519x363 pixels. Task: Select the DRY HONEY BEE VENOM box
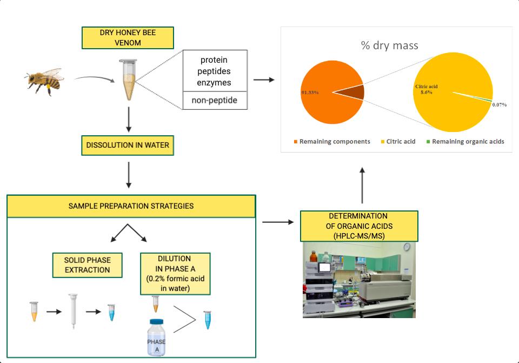[x=128, y=37]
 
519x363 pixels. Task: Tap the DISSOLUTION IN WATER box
[x=128, y=146]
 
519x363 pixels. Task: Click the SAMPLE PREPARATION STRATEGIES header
[x=131, y=206]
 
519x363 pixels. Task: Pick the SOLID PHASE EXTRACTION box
[x=87, y=265]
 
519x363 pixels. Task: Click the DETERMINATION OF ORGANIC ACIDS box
[x=358, y=226]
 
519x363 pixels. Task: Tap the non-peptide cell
[x=215, y=101]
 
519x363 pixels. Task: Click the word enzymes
[x=215, y=83]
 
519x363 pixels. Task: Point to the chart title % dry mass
[x=389, y=45]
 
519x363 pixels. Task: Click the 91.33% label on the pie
[x=310, y=93]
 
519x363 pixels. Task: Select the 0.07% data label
[x=500, y=104]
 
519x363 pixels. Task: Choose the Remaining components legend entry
[x=332, y=142]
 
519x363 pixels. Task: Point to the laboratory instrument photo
[x=359, y=279]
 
